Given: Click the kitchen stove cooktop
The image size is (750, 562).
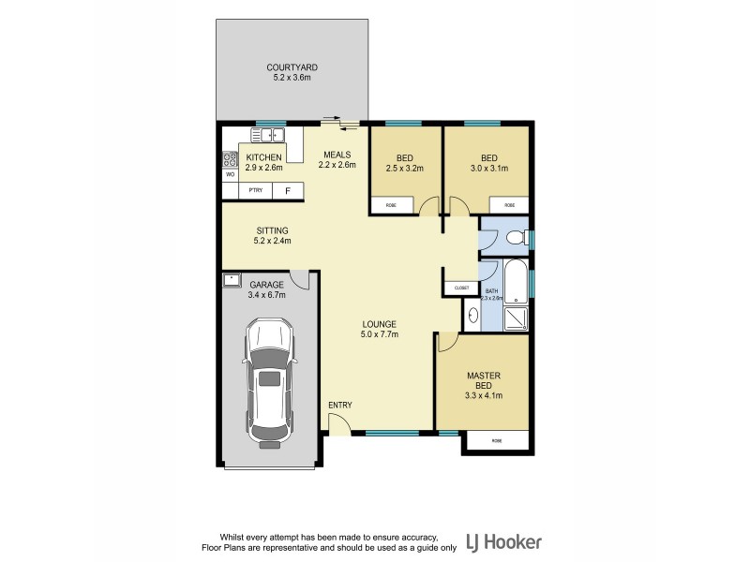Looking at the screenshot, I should (x=228, y=157).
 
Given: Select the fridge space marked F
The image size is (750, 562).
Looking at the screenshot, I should (x=287, y=191).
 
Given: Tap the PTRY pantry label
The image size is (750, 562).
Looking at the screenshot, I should (x=255, y=191).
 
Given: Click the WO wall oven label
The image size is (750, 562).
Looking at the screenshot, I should (x=229, y=174).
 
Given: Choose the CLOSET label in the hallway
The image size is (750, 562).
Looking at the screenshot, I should (x=461, y=288).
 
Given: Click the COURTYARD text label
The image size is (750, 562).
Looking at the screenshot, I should (x=292, y=67).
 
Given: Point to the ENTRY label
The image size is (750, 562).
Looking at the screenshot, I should (x=339, y=405).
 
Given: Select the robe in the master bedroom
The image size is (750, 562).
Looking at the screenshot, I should (x=497, y=440).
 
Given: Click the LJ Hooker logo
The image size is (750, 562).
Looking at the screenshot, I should (x=507, y=541).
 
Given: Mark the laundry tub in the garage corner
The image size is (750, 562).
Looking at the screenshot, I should (x=232, y=279).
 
